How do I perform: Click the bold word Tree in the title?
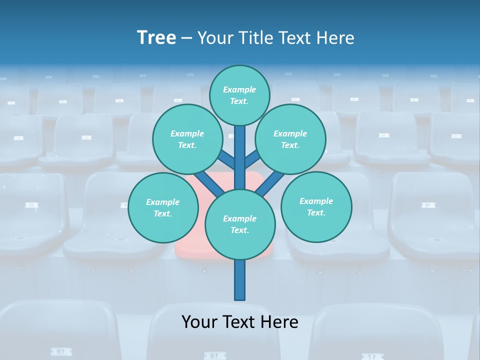point(156,38)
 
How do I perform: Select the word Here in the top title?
point(335,38)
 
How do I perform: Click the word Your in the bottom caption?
point(199,322)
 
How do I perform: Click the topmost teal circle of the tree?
point(239,95)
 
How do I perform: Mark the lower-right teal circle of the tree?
point(316,206)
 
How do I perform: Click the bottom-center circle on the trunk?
point(240,224)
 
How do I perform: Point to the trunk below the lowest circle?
point(240,280)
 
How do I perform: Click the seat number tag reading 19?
point(59,352)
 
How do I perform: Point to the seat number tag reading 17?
point(370,356)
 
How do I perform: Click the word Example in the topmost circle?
point(239,89)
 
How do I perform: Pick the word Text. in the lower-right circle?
point(316,212)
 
